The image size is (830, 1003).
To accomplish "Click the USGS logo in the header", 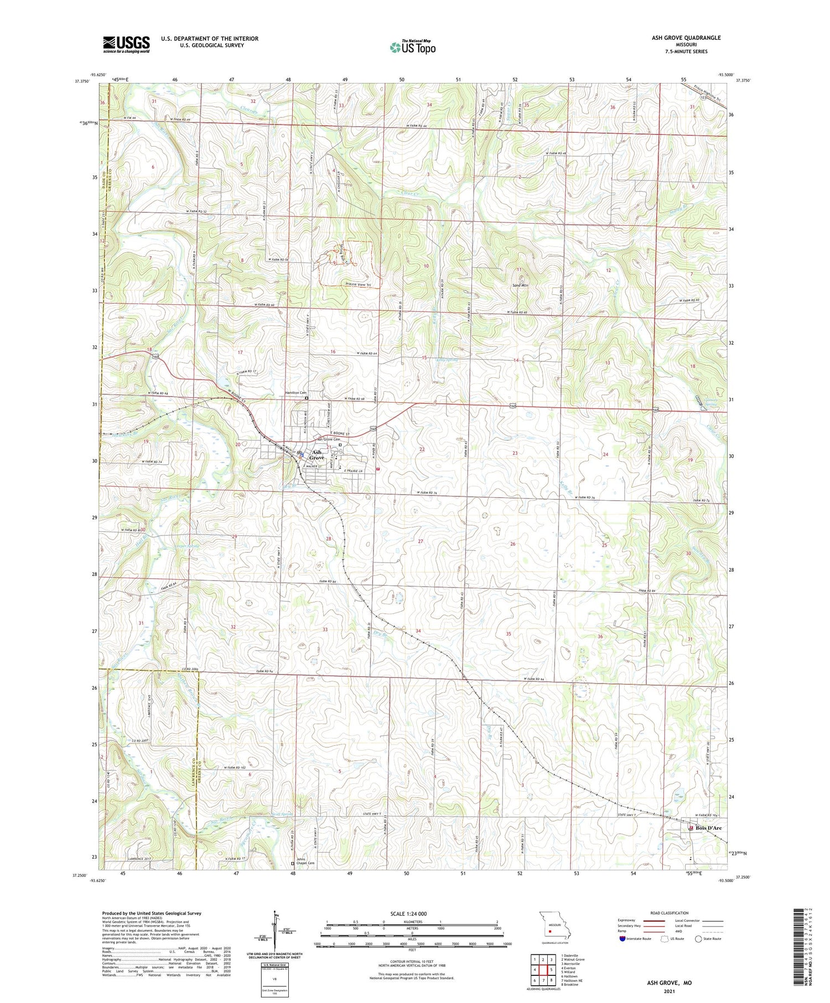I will tap(126, 44).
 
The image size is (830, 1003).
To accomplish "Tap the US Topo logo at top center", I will tap(412, 48).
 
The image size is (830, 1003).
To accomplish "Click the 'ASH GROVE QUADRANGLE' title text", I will tap(686, 38).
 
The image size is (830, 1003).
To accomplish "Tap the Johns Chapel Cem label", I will tap(305, 861).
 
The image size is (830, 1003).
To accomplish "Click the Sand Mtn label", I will tap(520, 286).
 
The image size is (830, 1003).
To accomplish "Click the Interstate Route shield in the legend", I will tap(622, 939).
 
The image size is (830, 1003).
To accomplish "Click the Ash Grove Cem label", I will tap(328, 439).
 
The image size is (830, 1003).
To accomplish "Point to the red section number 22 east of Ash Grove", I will tap(422, 449).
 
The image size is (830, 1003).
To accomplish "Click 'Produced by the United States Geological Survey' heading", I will tap(151, 913).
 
